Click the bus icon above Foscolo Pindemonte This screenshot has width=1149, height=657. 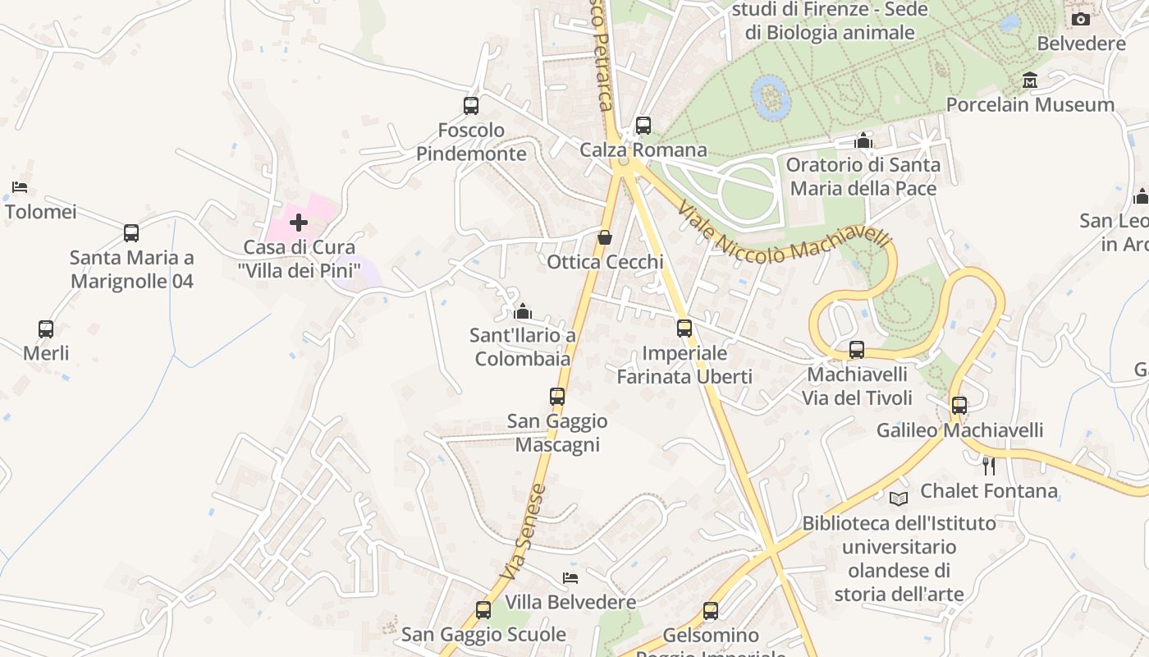(471, 106)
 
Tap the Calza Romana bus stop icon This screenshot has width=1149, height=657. (643, 126)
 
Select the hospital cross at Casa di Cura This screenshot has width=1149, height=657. (299, 223)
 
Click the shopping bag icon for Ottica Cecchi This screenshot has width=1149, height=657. (605, 238)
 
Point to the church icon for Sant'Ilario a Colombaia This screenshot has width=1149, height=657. (523, 311)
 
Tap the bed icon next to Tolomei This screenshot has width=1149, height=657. (20, 187)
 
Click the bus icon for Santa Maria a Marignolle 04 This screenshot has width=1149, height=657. (131, 233)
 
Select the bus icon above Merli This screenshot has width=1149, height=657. (46, 329)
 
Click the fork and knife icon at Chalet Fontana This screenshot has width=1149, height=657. (989, 466)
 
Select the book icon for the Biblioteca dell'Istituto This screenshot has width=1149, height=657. (899, 498)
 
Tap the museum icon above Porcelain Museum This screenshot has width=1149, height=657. (1030, 80)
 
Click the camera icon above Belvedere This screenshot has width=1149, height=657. (1081, 19)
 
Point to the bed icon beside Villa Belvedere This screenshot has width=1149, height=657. (570, 578)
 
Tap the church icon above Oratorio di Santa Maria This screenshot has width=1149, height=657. (863, 141)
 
